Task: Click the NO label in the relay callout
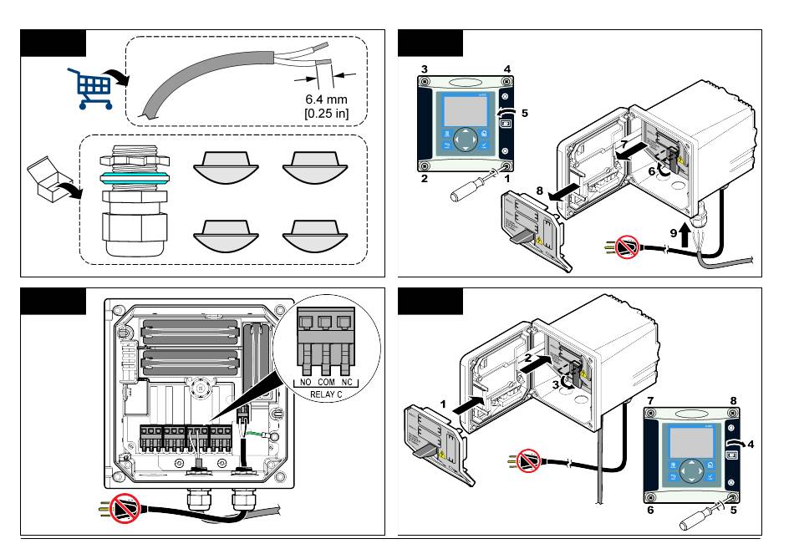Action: tap(307, 382)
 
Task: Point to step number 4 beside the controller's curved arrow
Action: tap(750, 443)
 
